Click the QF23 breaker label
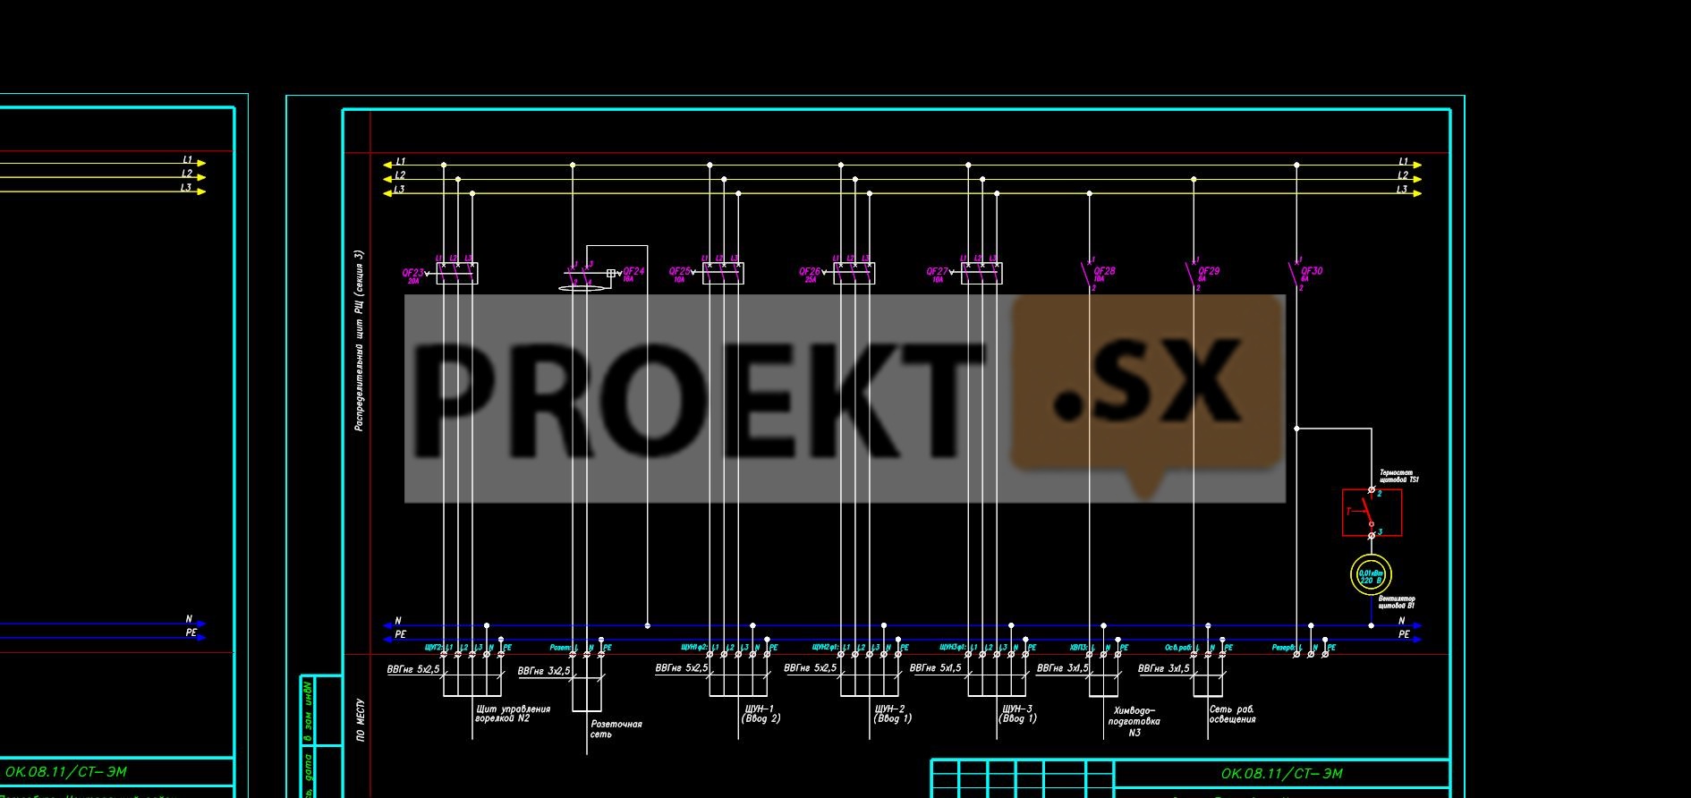pos(412,273)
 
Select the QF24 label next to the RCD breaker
pos(633,271)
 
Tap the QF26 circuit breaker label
pos(810,271)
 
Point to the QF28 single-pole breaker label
pos(1104,270)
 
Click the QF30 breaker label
pos(1311,270)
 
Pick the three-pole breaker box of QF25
pos(723,273)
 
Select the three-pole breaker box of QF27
pos(981,273)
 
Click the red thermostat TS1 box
pos(1372,513)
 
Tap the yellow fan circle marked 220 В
pos(1371,576)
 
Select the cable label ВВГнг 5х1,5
pos(935,668)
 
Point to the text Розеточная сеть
pos(616,729)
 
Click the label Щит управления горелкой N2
pos(512,713)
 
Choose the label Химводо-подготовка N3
pos(1134,721)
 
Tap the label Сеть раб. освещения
pos(1232,714)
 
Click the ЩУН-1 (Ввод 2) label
pos(761,713)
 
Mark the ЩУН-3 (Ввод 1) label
pos(1017,713)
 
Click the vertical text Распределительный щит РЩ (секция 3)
pos(359,341)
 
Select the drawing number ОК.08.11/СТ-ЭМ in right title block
pos(1281,774)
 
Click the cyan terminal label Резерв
pos(1283,647)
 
